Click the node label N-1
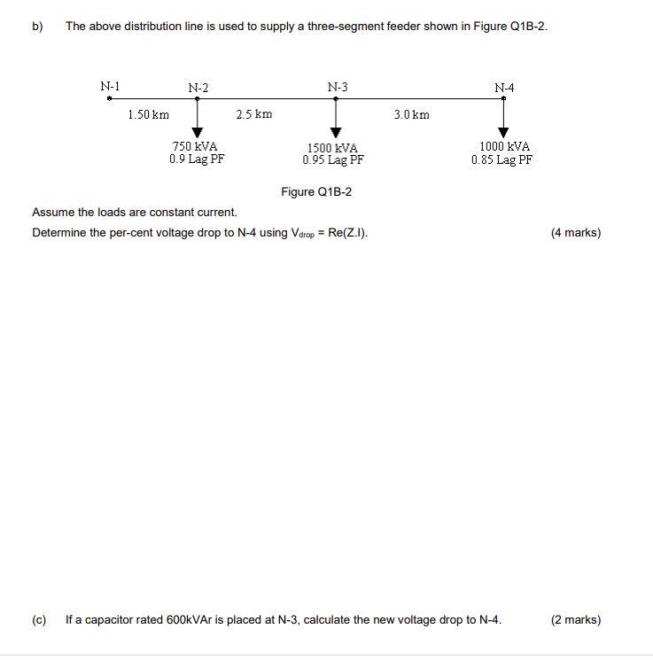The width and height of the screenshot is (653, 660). pyautogui.click(x=110, y=86)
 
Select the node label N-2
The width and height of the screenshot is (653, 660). pyautogui.click(x=198, y=88)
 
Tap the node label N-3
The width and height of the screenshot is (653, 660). pyautogui.click(x=337, y=87)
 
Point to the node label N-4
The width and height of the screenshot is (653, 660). pyautogui.click(x=504, y=88)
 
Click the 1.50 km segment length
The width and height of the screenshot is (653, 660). pyautogui.click(x=148, y=114)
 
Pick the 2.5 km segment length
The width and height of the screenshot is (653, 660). pyautogui.click(x=254, y=114)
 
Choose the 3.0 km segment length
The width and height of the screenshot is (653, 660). pyautogui.click(x=411, y=114)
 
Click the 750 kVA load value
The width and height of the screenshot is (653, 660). pyautogui.click(x=196, y=146)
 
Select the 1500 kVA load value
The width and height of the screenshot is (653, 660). pyautogui.click(x=333, y=148)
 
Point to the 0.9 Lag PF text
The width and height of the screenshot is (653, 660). pyautogui.click(x=197, y=159)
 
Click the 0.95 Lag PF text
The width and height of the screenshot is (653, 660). pyautogui.click(x=333, y=160)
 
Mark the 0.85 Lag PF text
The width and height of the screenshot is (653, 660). pyautogui.click(x=501, y=159)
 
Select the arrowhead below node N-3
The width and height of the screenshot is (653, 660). pyautogui.click(x=336, y=133)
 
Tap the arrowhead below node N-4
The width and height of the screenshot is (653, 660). pyautogui.click(x=503, y=133)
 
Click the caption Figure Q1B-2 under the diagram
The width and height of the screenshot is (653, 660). pyautogui.click(x=316, y=191)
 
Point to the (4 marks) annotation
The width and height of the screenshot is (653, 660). pyautogui.click(x=575, y=233)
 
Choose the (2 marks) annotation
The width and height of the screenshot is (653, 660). pyautogui.click(x=575, y=620)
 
